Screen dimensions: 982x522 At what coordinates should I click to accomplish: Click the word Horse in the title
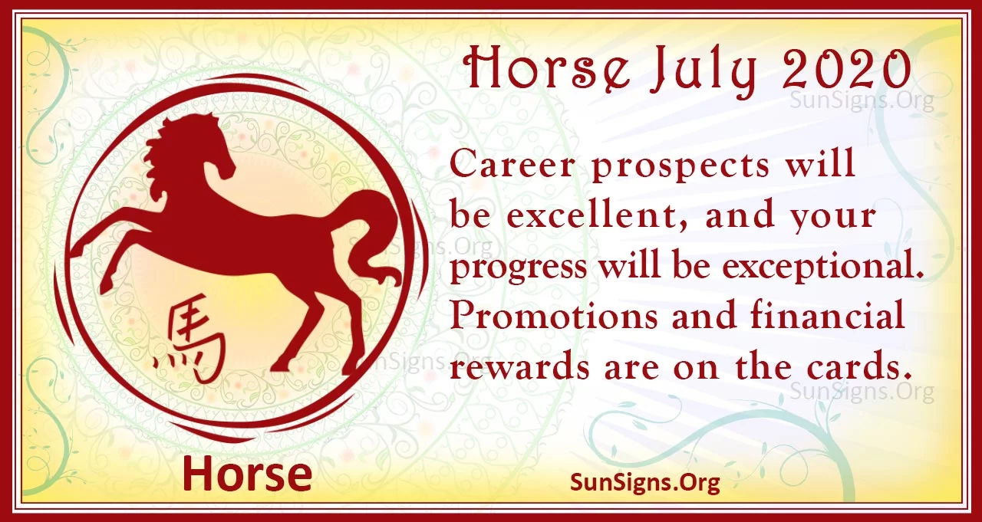(x=548, y=70)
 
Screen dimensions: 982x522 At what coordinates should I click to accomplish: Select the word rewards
(x=519, y=367)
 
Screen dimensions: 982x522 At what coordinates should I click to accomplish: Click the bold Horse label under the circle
(x=247, y=474)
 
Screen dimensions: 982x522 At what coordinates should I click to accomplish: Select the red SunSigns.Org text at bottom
(x=645, y=482)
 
